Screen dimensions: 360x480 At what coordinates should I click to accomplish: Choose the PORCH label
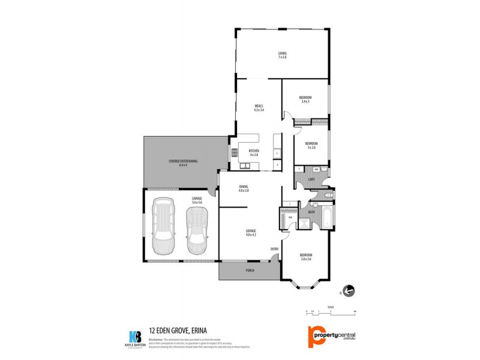pos(250,271)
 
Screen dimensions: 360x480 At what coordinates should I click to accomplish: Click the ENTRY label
pos(274,249)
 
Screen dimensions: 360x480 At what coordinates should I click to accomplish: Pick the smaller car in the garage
pos(196,232)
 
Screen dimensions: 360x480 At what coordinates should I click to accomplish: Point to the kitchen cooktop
pos(235,154)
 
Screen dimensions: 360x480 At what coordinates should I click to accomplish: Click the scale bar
pos(331,311)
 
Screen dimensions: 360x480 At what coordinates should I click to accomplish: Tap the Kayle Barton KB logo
pos(134,338)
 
